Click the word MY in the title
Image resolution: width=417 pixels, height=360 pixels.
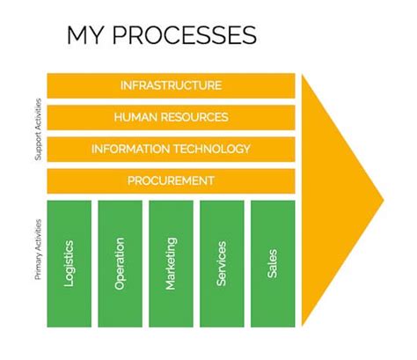87,36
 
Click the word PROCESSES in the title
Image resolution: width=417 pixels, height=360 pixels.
185,36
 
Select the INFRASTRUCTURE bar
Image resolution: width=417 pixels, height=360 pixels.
171,85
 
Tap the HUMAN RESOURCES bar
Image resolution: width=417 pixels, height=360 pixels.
171,117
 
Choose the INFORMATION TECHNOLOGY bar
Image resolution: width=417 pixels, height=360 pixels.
171,149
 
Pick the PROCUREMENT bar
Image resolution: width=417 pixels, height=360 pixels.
171,180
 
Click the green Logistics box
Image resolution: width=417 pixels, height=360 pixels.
69,262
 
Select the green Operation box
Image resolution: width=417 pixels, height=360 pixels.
120,262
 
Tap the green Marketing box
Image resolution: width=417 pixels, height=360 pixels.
171,262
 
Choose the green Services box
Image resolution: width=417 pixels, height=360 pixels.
222,262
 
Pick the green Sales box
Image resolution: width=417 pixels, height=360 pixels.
273,262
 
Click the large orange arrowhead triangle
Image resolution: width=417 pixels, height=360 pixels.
334,198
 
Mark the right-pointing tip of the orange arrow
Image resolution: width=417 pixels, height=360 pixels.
383,199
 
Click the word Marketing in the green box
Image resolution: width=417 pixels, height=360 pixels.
171,262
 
